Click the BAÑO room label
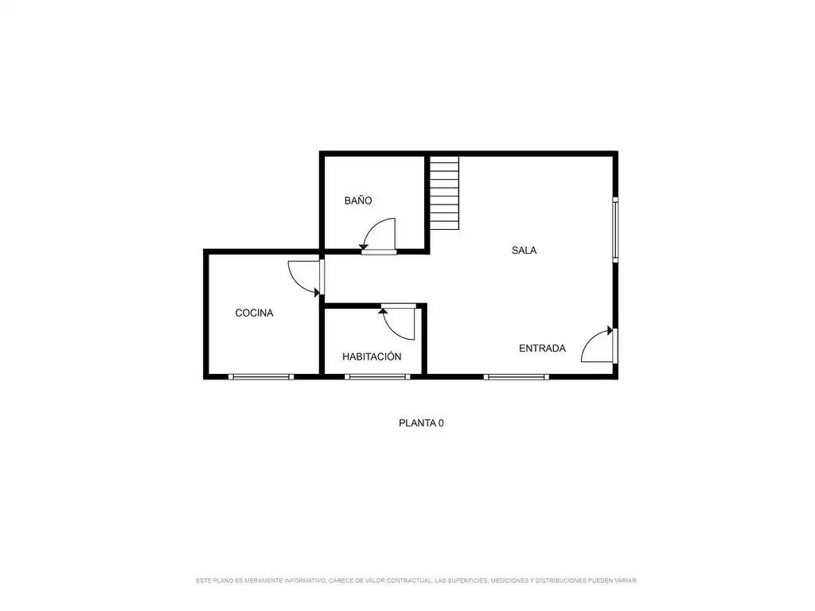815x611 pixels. (x=358, y=200)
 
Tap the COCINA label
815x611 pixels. (x=254, y=313)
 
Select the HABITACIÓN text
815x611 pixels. (x=372, y=356)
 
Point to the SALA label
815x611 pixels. (x=524, y=250)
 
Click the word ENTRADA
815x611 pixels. (x=542, y=348)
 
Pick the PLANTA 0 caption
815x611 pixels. (x=421, y=423)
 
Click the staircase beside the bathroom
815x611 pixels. (x=444, y=193)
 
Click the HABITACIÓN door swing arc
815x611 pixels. (x=392, y=331)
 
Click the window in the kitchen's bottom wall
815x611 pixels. (x=261, y=376)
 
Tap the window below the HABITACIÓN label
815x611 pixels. (x=377, y=376)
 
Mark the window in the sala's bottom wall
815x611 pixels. (x=516, y=376)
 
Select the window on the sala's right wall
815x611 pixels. (x=615, y=230)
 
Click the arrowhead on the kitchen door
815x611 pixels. (x=317, y=293)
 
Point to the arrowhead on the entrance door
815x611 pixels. (x=610, y=330)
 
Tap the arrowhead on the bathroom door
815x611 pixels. (x=363, y=247)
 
